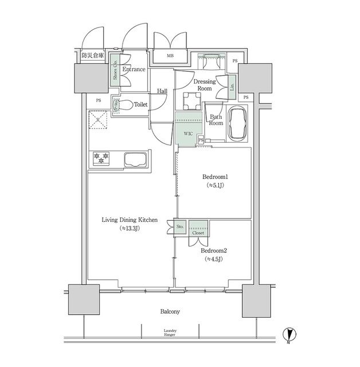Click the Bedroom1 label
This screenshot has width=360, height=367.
coord(213,176)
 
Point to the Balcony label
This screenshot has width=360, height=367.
coord(170,312)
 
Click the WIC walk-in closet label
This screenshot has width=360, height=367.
coord(188,134)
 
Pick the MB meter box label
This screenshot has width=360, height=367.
coord(170,56)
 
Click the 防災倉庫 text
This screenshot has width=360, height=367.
coord(92,56)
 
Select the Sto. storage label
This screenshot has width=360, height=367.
coord(179,227)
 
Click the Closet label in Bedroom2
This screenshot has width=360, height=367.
coord(198,233)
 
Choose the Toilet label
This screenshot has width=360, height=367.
coord(140,105)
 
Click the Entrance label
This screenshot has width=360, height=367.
coord(133,69)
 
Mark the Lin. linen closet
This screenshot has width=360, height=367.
coord(232,87)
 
